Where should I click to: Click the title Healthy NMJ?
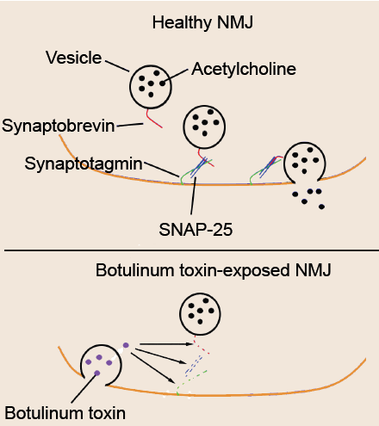202,23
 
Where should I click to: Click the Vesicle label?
74,58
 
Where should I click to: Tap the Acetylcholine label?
244,69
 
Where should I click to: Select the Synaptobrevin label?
59,126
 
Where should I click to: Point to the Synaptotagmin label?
84,164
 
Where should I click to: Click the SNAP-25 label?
196,230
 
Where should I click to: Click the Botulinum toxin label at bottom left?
65,413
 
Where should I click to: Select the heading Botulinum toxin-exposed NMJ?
214,270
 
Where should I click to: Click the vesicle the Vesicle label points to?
151,87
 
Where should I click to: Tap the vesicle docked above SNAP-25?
204,127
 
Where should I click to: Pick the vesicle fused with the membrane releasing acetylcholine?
305,162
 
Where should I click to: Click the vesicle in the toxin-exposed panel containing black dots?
200,314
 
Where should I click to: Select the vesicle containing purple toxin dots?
101,365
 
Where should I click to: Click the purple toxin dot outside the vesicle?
126,345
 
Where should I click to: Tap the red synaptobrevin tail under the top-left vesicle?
153,119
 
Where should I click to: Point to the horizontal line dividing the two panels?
191,250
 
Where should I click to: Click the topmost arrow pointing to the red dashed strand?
166,343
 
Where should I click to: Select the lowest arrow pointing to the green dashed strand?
153,367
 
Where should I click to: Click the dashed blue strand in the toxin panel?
194,365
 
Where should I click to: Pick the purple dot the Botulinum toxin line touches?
97,373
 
